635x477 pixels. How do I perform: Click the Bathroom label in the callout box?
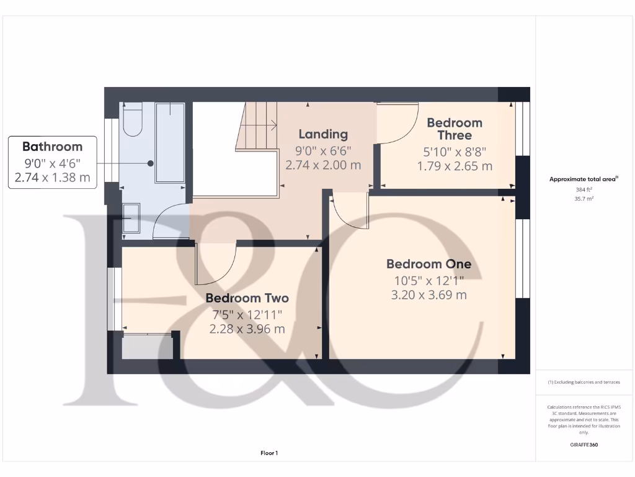(x=52, y=147)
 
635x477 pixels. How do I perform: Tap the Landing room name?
(x=323, y=134)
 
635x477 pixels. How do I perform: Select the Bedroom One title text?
(x=429, y=264)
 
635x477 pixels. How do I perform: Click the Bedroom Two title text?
(x=247, y=298)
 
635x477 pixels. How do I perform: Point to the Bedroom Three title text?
(x=455, y=129)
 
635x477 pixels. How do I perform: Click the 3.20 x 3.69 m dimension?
(x=429, y=295)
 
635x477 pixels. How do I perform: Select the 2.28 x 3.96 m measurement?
(x=247, y=329)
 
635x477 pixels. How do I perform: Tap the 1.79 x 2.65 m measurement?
(x=455, y=166)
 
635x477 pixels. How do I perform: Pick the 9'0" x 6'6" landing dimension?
(x=323, y=150)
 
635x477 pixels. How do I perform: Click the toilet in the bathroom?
(x=133, y=120)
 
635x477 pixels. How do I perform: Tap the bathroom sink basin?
(x=131, y=219)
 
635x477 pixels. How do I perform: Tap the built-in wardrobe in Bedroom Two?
(x=147, y=347)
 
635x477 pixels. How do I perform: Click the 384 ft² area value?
(x=583, y=189)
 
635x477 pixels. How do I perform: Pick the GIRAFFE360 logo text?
(x=583, y=445)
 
